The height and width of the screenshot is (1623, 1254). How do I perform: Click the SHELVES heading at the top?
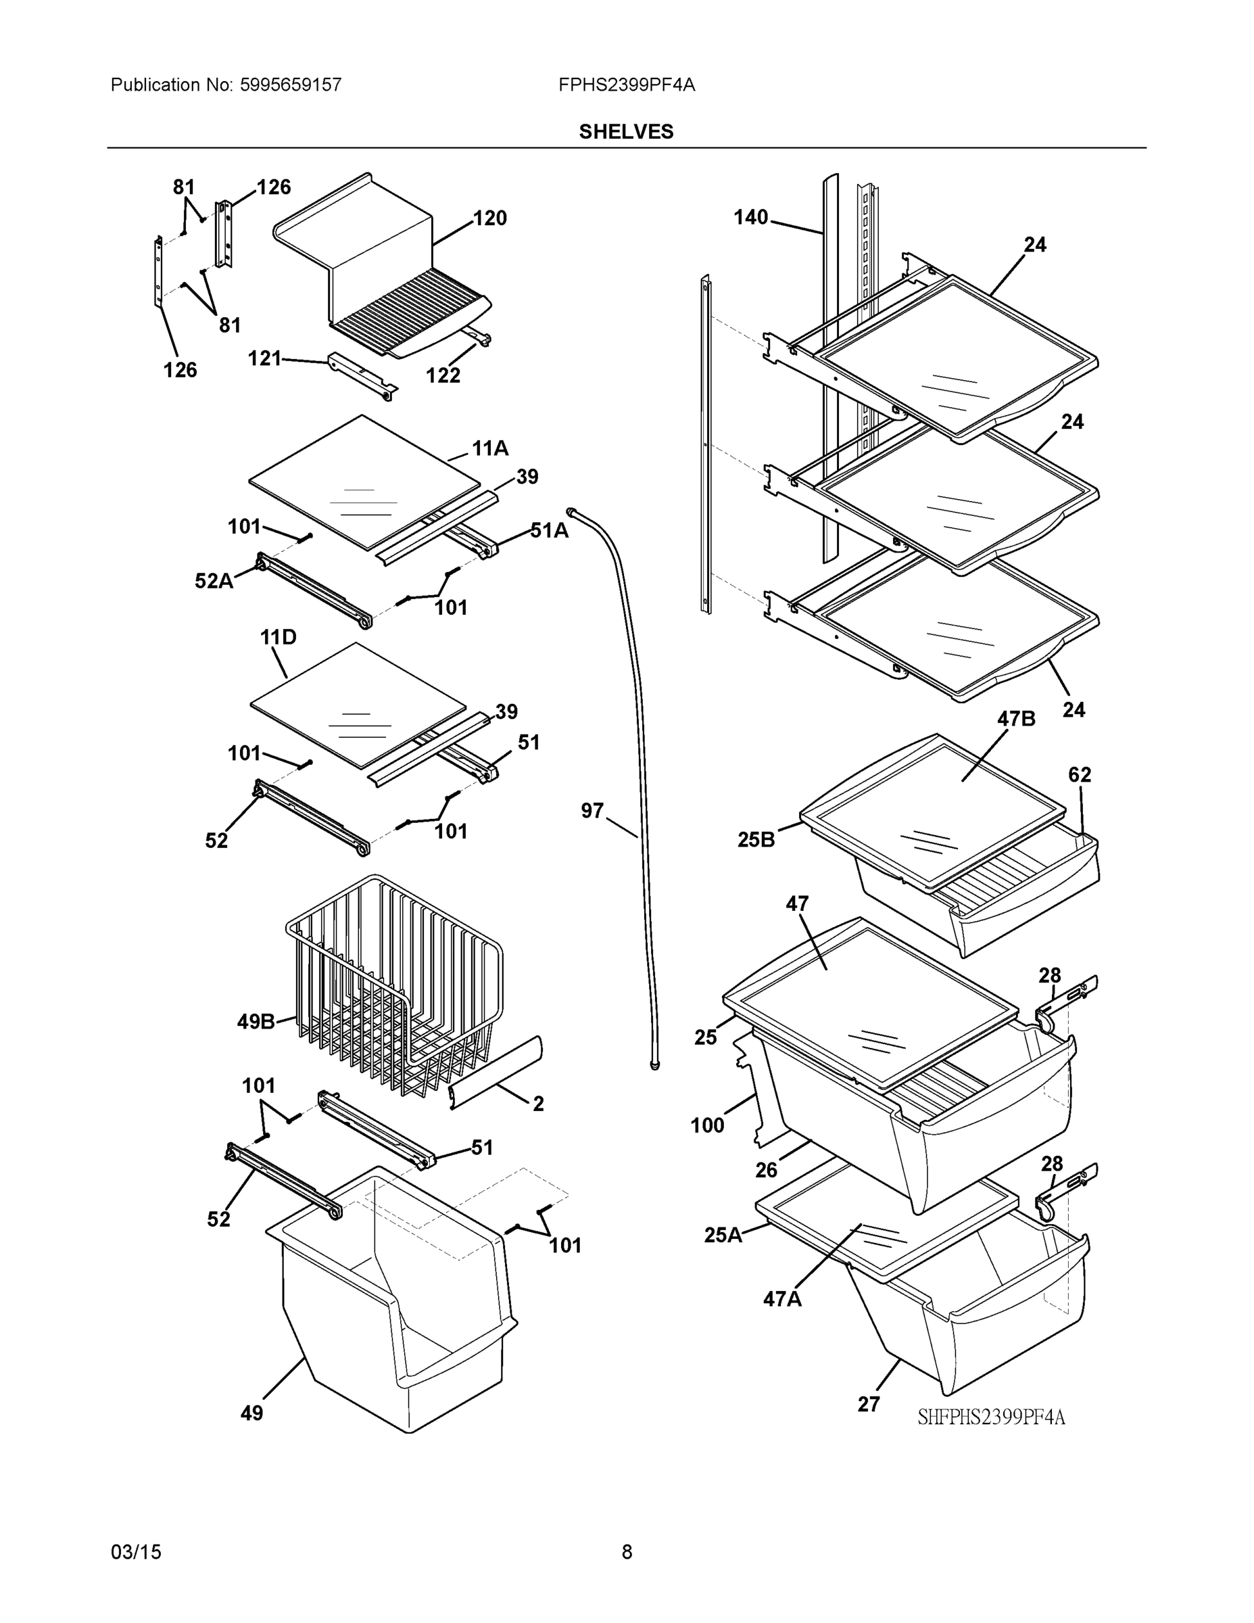pos(625,132)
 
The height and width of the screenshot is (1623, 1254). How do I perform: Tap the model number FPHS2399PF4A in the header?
pos(626,85)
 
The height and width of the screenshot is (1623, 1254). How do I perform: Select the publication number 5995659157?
pos(291,85)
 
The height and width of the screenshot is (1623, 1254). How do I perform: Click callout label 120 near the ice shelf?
pos(489,218)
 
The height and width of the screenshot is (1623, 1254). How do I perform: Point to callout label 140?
pos(750,218)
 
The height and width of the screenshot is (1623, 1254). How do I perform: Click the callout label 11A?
pos(489,448)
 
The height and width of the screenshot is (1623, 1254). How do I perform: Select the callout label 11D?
pos(278,637)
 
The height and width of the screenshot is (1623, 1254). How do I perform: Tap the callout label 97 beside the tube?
pos(592,811)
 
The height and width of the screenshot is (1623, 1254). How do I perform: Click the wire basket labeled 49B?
pos(393,981)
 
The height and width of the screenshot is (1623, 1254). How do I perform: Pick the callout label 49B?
pos(256,1022)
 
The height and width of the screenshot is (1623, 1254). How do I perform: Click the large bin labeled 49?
pos(393,1308)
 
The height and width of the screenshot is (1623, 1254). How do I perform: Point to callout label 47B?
pos(1015,719)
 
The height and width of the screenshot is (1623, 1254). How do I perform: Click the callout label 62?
pos(1080,775)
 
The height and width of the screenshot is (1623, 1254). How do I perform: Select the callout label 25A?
pos(723,1235)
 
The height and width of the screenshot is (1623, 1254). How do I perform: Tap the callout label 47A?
pos(782,1300)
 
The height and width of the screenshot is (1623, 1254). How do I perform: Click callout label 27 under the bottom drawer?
pos(869,1405)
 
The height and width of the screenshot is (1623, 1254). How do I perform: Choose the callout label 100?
pos(706,1126)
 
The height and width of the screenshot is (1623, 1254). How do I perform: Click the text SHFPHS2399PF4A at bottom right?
pos(991,1417)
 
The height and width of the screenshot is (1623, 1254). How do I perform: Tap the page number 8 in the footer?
pos(626,1552)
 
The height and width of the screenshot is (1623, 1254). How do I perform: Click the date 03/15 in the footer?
pos(136,1552)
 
